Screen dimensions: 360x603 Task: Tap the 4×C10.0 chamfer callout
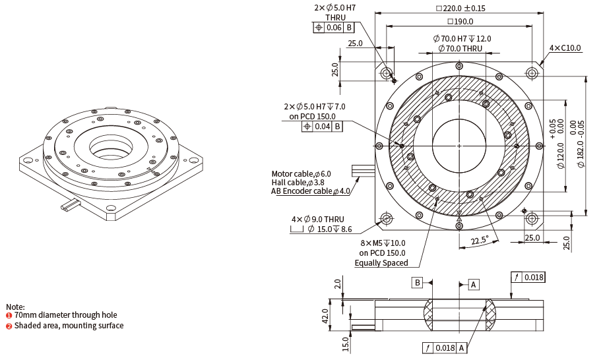(x=565, y=47)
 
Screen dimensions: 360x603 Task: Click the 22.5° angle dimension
(x=480, y=241)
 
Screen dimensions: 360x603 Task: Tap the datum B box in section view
(x=417, y=283)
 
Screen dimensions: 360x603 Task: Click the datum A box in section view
(x=473, y=284)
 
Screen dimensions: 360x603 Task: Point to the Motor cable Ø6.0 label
(x=301, y=174)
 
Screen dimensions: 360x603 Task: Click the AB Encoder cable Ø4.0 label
(x=311, y=191)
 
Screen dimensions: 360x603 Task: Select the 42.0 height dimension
(x=325, y=315)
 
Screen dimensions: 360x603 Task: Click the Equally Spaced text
(x=381, y=263)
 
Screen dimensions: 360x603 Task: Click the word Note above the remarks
(x=15, y=307)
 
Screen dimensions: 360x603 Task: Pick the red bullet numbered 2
(x=9, y=326)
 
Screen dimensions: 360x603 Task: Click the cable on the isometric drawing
(x=73, y=206)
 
